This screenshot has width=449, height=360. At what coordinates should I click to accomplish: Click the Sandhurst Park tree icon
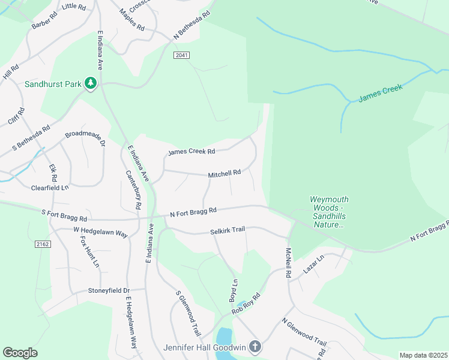[x=91, y=83]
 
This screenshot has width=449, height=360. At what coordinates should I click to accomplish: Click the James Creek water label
[x=380, y=93]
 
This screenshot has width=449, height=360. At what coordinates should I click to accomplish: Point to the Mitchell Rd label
[x=224, y=173]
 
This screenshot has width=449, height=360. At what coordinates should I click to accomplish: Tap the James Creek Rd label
[x=191, y=152]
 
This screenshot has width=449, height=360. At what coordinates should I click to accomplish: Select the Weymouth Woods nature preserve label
[x=328, y=212]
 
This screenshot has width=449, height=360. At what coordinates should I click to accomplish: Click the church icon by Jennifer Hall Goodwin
[x=255, y=347]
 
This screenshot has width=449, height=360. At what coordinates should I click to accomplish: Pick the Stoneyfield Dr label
[x=109, y=290]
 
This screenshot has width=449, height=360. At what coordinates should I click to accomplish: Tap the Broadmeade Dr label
[x=85, y=139]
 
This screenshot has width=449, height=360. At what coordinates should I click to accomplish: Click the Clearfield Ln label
[x=50, y=188]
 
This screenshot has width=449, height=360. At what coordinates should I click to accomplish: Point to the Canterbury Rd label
[x=134, y=189]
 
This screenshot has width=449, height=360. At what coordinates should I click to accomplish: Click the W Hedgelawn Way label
[x=100, y=231]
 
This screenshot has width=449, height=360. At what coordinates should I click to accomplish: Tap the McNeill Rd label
[x=288, y=263]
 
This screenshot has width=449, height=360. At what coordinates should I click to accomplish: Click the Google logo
[x=20, y=353]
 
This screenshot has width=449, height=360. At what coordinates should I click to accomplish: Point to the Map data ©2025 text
[x=423, y=355]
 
